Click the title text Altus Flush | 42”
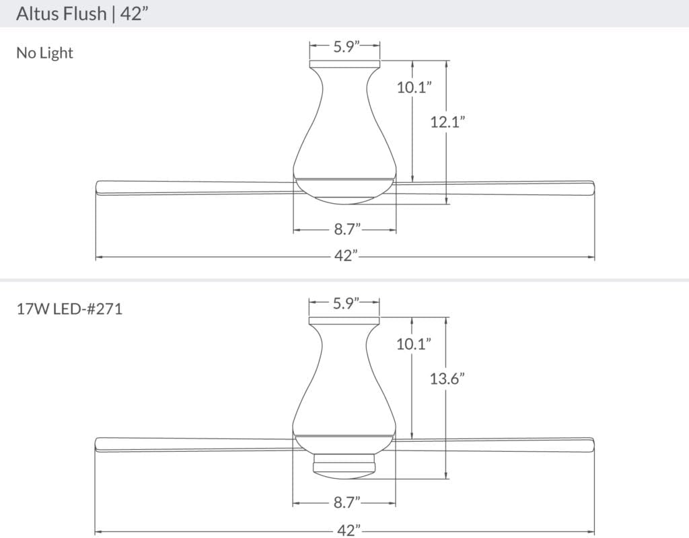click(x=82, y=13)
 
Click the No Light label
click(x=44, y=52)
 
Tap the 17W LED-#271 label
click(x=69, y=309)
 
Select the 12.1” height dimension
click(x=447, y=122)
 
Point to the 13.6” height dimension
click(x=447, y=378)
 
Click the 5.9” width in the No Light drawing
click(x=347, y=46)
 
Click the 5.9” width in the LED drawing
click(x=347, y=303)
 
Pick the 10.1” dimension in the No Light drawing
click(x=414, y=87)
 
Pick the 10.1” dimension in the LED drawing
click(x=414, y=344)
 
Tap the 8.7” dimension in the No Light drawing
click(x=347, y=229)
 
